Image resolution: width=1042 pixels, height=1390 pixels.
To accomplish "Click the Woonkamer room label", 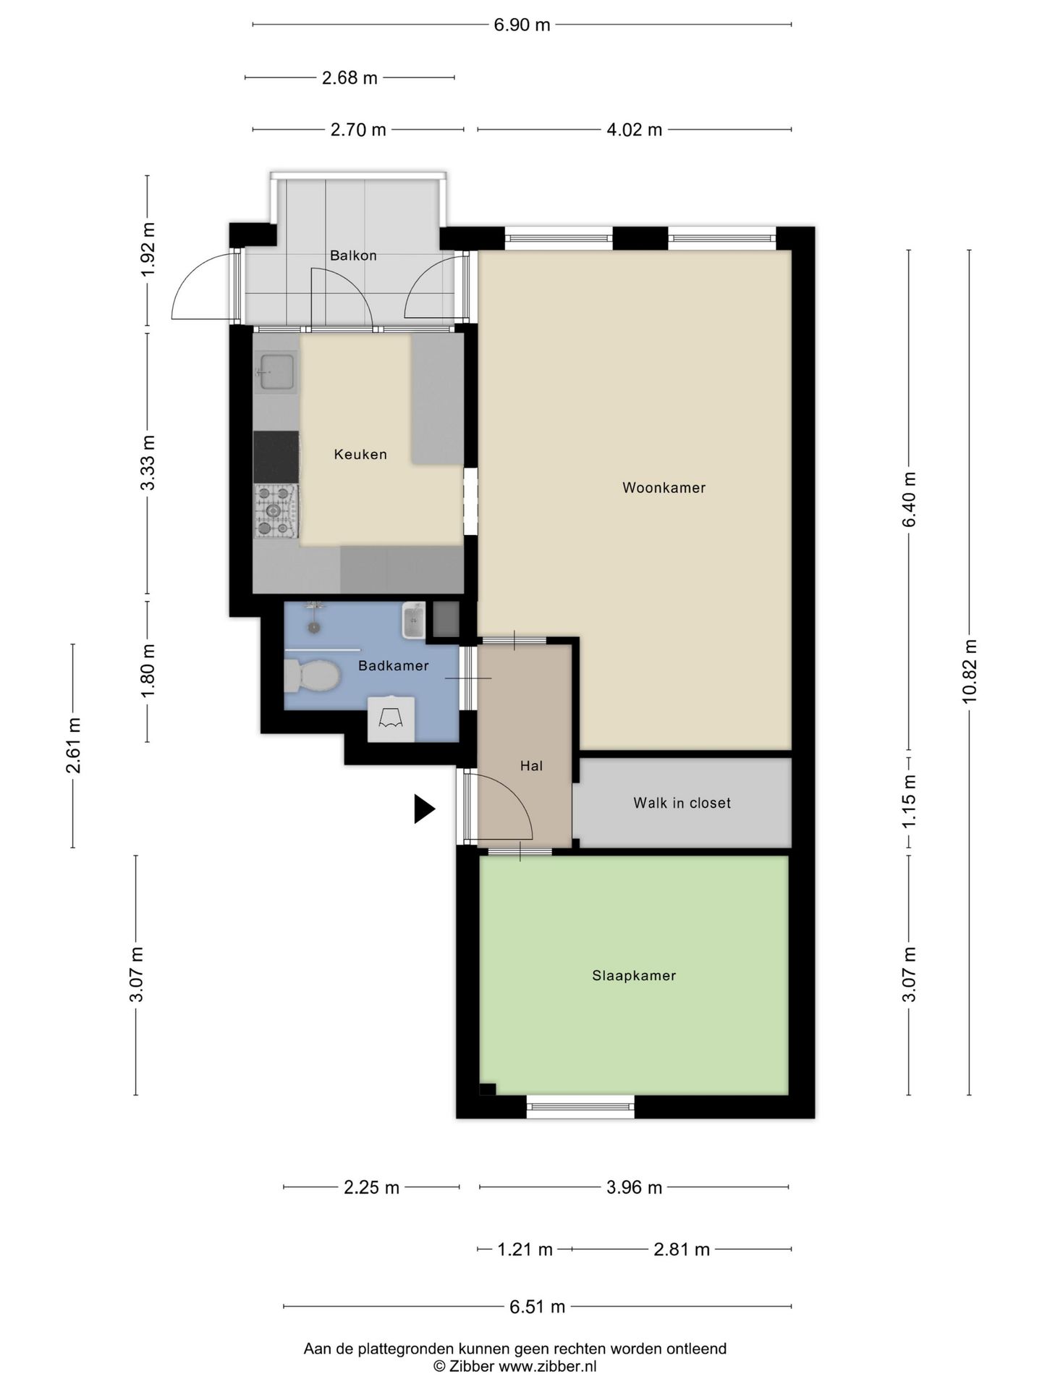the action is (x=664, y=488).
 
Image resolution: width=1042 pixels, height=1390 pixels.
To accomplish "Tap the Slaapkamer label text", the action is (x=634, y=975).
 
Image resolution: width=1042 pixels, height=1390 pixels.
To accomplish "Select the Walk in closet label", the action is (x=682, y=803).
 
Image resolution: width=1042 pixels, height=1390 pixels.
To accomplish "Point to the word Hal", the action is (x=531, y=766).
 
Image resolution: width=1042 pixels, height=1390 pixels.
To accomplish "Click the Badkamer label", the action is (x=394, y=666).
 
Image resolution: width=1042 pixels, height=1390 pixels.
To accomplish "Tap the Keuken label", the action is (x=360, y=455).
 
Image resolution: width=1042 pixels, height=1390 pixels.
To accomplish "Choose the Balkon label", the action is (x=353, y=256).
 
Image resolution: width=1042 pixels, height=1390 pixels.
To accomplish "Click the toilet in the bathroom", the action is (x=313, y=676).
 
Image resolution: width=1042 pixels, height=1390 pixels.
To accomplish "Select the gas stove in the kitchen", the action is (x=276, y=511).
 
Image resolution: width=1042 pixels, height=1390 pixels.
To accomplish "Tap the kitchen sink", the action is (x=276, y=373).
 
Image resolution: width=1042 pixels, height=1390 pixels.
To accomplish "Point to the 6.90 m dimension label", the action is (x=522, y=25).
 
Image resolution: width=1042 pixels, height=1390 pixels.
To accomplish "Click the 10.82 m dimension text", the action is (x=970, y=671).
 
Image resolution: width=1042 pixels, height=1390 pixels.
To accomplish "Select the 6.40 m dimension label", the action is (x=910, y=500).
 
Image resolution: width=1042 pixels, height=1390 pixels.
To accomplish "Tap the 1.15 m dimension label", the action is (x=910, y=802).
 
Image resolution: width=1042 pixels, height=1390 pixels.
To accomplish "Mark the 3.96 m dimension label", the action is (x=635, y=1188).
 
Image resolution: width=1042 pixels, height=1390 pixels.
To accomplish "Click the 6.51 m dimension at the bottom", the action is (x=538, y=1307).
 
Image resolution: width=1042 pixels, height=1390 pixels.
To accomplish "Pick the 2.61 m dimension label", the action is (x=73, y=746).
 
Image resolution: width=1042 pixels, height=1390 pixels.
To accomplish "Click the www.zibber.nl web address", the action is (x=548, y=1366).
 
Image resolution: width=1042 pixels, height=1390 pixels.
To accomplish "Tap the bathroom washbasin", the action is (x=413, y=621).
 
